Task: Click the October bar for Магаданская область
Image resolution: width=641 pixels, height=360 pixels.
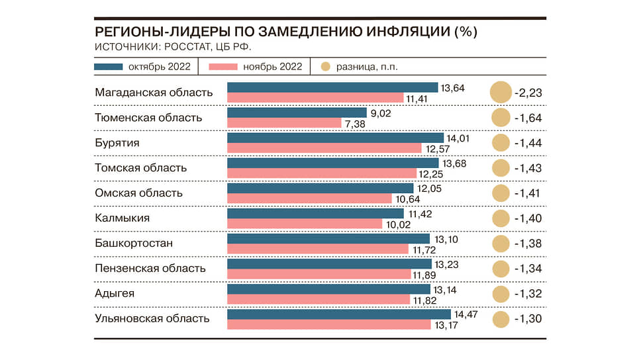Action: [x=332, y=87]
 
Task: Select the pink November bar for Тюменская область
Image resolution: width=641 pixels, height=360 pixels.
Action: [x=284, y=123]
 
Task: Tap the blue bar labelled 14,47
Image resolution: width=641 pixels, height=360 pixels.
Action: [x=338, y=314]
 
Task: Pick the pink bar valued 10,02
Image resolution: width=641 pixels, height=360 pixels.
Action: [x=305, y=224]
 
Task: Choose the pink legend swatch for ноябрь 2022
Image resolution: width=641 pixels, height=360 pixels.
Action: [x=223, y=67]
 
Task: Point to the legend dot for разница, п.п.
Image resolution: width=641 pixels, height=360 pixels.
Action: [x=325, y=67]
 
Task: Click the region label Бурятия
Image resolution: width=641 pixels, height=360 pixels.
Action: [x=117, y=143]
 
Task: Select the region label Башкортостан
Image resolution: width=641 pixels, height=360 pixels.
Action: [x=134, y=244]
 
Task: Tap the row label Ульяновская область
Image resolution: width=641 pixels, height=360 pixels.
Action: [x=152, y=319]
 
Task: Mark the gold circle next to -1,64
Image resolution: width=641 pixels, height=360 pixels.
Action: [x=501, y=118]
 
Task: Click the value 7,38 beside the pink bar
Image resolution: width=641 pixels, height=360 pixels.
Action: [x=354, y=124]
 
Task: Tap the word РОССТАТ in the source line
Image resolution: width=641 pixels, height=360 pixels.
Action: [x=181, y=47]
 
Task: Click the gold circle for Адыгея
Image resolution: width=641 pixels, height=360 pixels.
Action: [x=501, y=294]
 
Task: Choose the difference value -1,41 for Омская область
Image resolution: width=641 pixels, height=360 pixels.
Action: [x=528, y=193]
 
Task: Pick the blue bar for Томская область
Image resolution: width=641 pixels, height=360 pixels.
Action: [x=332, y=163]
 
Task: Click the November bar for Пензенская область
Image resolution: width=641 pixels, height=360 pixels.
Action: [x=319, y=274]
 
